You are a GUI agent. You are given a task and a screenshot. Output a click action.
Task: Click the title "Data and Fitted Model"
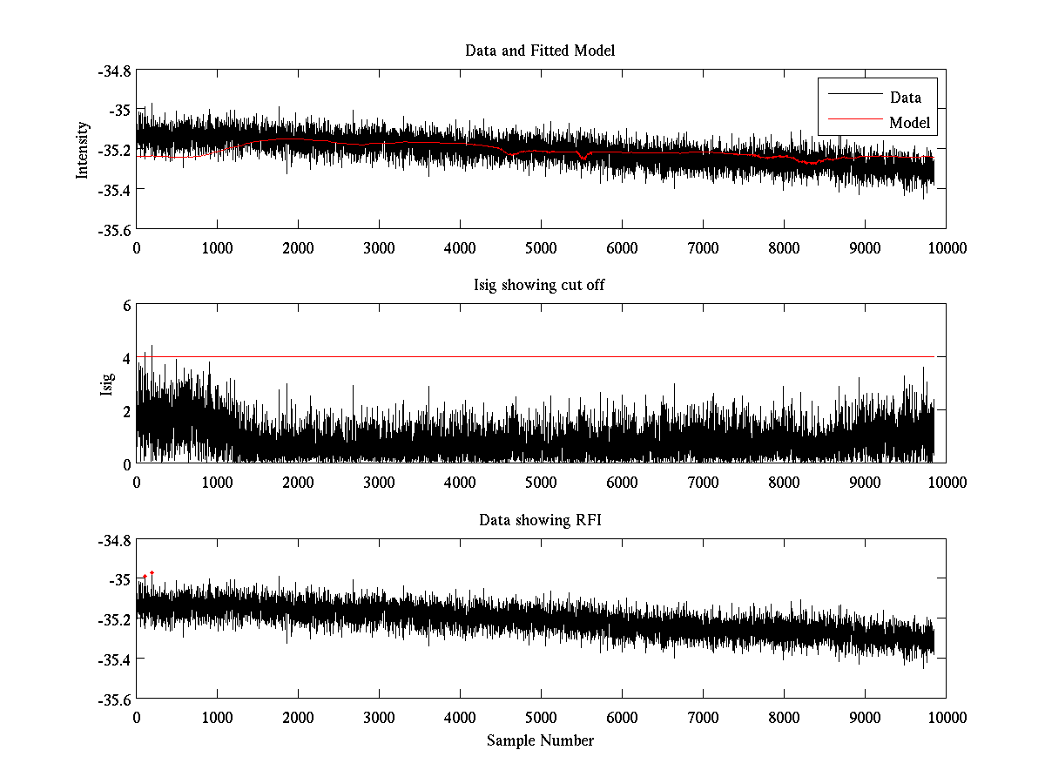pos(540,51)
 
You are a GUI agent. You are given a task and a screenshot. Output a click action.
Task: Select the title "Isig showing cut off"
pos(540,286)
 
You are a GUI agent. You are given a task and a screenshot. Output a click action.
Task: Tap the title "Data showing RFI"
pos(540,520)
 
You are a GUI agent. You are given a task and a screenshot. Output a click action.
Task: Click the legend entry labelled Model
pos(909,123)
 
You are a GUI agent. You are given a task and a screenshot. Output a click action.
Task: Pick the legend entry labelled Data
pos(905,98)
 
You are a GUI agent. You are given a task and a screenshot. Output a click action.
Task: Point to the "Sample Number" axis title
pos(540,741)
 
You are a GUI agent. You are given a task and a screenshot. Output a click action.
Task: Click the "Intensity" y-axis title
pos(83,150)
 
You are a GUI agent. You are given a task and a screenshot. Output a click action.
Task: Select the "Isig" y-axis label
pos(107,384)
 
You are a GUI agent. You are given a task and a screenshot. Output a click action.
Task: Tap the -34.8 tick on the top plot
pos(114,71)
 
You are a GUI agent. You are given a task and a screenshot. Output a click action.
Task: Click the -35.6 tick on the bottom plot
pos(114,700)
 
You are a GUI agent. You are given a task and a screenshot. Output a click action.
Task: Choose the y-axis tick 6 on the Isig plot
pos(126,306)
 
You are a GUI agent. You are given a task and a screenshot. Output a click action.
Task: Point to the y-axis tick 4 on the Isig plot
pos(126,358)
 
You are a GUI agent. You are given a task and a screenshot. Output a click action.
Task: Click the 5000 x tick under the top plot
pos(540,248)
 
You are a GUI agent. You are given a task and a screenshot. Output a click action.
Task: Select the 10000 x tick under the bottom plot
pos(946,718)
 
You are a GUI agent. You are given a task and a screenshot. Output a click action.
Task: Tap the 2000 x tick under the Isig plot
pos(298,483)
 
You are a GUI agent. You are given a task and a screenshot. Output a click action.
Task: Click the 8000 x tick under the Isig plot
pos(784,483)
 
